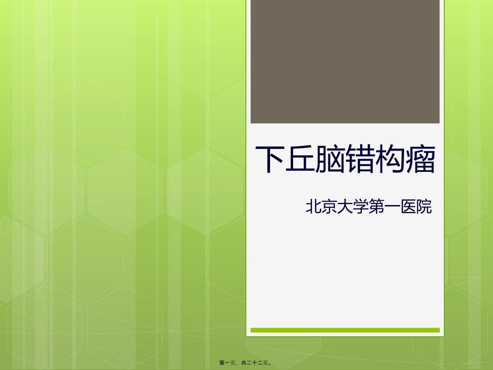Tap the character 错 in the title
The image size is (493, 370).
click(x=360, y=159)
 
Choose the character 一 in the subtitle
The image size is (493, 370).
click(x=392, y=207)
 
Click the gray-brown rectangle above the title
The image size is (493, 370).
click(x=345, y=62)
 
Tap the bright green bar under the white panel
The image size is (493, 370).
click(x=345, y=330)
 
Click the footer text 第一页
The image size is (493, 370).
click(x=227, y=363)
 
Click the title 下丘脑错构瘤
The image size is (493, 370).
click(x=346, y=159)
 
